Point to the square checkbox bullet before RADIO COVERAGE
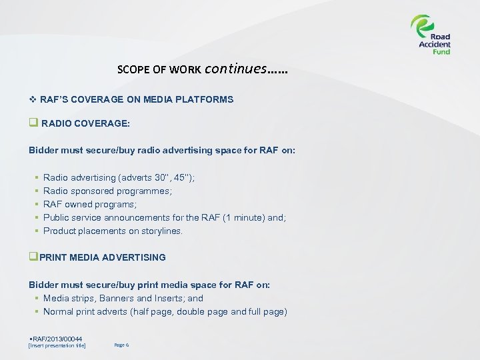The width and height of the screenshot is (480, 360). click(33, 123)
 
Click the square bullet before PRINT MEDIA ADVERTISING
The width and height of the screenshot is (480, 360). click(33, 257)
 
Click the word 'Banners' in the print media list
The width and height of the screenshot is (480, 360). click(117, 298)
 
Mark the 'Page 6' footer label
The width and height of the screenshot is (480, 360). click(121, 345)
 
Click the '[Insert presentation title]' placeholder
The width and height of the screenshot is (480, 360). click(57, 345)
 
